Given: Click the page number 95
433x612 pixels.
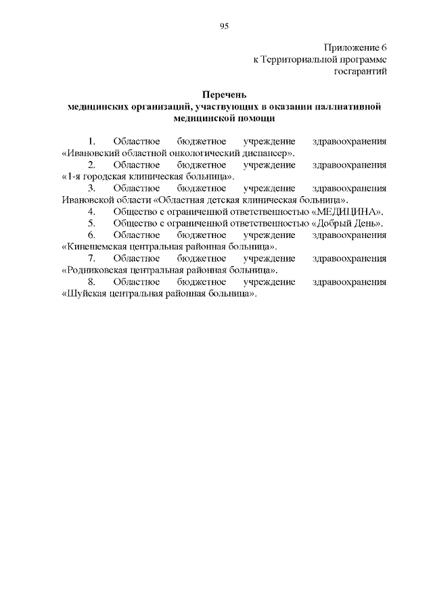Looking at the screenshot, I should coord(224,26).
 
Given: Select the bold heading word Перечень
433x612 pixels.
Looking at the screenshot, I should coord(224,95).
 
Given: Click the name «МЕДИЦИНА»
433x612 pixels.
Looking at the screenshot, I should coord(350,211).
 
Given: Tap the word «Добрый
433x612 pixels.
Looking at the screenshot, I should coord(336,222).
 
